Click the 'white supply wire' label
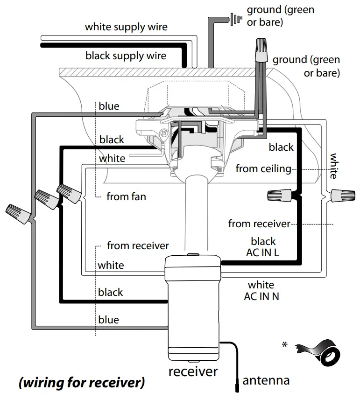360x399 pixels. (126, 27)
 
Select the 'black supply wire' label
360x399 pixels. (126, 56)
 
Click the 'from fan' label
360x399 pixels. (126, 196)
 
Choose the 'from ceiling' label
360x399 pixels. (263, 168)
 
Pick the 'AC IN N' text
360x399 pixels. (261, 296)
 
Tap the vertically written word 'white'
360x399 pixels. (334, 166)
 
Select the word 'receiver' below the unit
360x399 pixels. (193, 371)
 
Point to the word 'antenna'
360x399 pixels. (266, 380)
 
